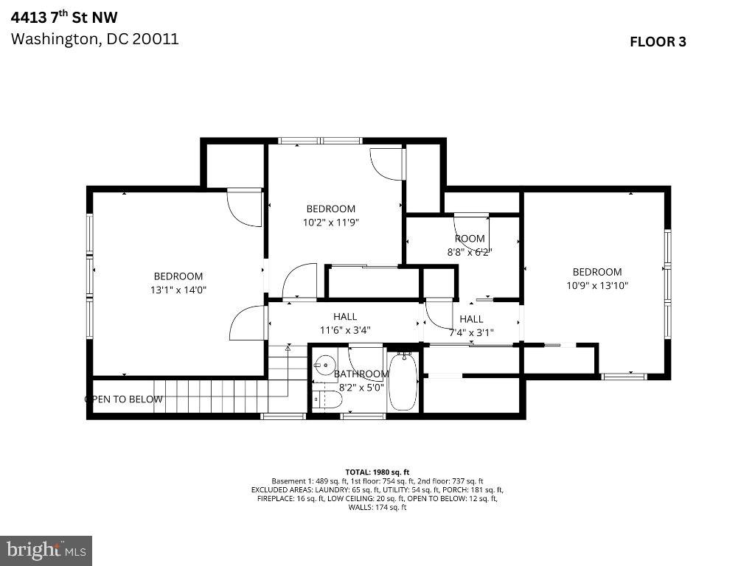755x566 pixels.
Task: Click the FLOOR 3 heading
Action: coord(657,42)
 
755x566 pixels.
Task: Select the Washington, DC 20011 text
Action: coord(94,39)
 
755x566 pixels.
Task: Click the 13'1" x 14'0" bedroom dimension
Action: coord(178,290)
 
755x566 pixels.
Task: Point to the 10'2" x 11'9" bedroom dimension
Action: coord(330,222)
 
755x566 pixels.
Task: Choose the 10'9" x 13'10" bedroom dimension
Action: coord(596,285)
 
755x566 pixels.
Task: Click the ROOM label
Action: coord(470,238)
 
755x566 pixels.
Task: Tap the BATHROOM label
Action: coord(361,374)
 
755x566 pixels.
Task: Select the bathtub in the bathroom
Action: coord(403,382)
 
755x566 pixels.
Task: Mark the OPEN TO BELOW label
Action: coord(124,399)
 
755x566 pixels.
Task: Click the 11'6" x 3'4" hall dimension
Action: coord(345,331)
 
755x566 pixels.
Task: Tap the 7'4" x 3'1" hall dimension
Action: coord(471,332)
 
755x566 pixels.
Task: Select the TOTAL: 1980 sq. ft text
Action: coord(377,472)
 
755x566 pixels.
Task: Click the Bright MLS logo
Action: coord(46,550)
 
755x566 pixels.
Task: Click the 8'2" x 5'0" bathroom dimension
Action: coord(361,386)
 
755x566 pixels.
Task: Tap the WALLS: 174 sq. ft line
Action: coord(377,507)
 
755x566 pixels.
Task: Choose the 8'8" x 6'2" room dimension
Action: coord(470,251)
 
